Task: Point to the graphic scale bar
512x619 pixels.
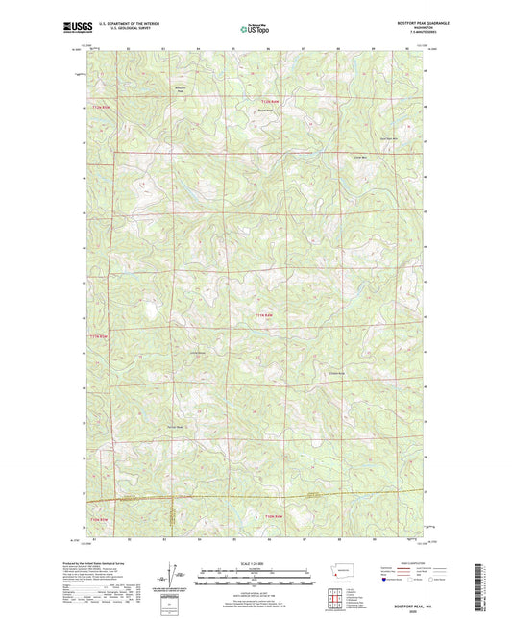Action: click(256, 578)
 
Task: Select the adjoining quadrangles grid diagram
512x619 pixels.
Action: click(338, 596)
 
